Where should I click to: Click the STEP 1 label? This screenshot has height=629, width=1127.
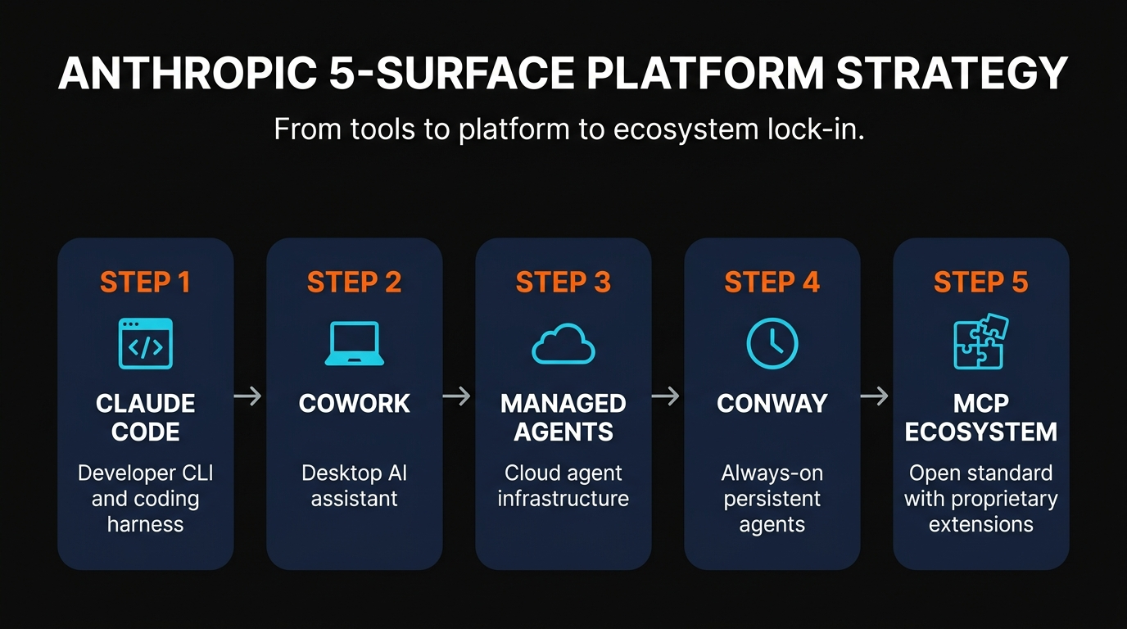point(145,283)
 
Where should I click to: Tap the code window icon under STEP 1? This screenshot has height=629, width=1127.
point(146,344)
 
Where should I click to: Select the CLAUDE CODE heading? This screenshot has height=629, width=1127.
point(146,417)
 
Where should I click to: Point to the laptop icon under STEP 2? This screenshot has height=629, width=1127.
point(354,344)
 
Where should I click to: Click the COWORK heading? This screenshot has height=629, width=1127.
point(354,403)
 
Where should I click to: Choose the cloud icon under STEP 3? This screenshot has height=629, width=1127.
point(563,344)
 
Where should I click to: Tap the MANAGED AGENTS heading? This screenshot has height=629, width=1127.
point(563,417)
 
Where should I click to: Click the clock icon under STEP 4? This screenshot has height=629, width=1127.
point(772,343)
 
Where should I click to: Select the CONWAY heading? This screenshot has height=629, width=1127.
point(772,403)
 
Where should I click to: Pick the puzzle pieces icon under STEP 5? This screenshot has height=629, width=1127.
point(981,342)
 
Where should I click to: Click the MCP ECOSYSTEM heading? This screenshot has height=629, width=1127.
point(981,417)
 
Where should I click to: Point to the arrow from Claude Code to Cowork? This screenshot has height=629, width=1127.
point(248,396)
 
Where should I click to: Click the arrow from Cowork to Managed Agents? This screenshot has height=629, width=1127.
point(457,396)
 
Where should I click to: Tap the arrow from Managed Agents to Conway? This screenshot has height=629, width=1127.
point(666,396)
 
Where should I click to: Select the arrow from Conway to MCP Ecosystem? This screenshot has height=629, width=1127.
point(875,396)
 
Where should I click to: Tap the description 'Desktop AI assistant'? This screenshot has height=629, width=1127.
point(354,486)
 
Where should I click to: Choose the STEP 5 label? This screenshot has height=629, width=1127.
point(980,283)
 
